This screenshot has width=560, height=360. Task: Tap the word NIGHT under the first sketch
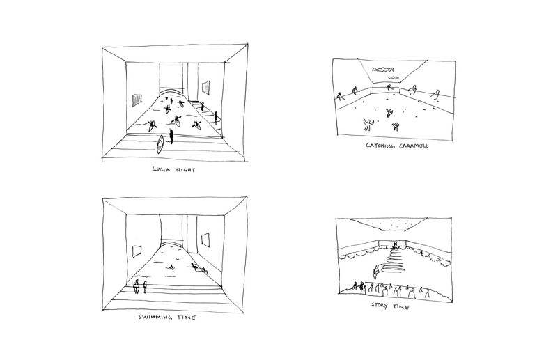[185, 170]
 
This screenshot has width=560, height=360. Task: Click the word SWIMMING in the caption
[155, 317]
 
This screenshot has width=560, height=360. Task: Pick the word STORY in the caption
[380, 305]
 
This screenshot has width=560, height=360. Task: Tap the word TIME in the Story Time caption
[401, 306]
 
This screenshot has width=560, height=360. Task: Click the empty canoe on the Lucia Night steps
[160, 144]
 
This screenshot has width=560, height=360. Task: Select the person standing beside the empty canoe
[171, 136]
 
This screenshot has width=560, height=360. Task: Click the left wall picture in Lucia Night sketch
[137, 100]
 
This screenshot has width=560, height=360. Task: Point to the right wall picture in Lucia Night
[205, 88]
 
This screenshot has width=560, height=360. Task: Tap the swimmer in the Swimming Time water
[172, 267]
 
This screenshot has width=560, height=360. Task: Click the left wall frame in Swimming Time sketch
[137, 251]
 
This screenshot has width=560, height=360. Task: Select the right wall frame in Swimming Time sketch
[205, 240]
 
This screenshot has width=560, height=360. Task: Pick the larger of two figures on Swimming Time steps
[136, 287]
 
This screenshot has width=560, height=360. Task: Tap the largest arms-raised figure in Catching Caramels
[367, 125]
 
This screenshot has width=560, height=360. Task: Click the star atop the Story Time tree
[395, 244]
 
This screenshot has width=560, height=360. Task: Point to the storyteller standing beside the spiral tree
[376, 272]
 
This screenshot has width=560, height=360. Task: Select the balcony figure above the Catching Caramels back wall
[389, 87]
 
